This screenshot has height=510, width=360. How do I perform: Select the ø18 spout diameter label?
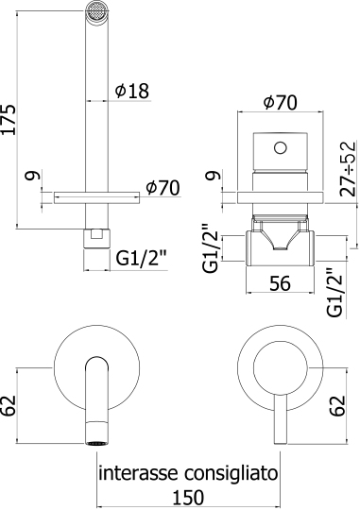131,91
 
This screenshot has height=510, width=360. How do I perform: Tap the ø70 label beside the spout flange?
163,189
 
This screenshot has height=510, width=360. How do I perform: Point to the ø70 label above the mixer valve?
281,101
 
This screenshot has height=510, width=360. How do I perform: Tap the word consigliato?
232,471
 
